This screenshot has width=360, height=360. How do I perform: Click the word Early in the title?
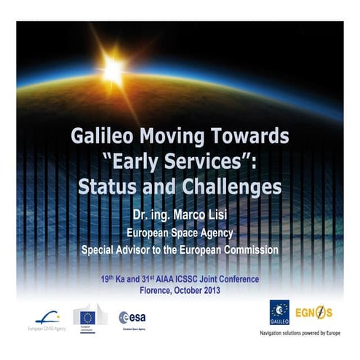(143, 161)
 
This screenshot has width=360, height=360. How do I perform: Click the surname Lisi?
(228, 216)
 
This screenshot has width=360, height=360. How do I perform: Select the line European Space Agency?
(180, 233)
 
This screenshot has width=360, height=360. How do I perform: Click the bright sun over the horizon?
(113, 70)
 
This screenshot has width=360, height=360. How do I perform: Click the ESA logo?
(133, 317)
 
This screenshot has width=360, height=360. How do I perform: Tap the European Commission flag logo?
(89, 316)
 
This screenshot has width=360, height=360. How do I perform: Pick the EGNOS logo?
(313, 313)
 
